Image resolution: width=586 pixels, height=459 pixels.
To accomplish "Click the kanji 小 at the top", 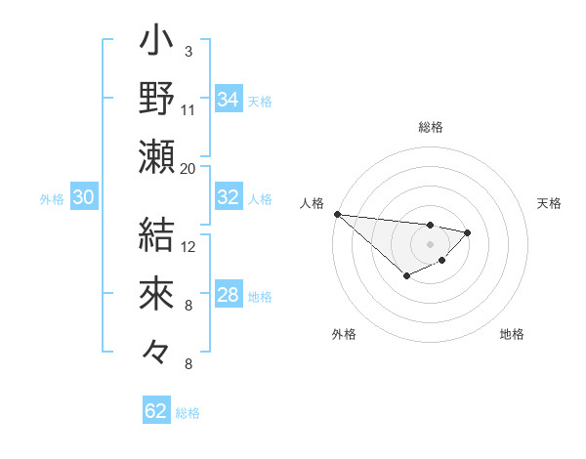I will click(x=156, y=43).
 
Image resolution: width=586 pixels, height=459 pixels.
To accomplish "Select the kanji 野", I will click(x=156, y=99).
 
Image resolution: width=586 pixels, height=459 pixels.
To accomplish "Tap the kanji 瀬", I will click(x=156, y=156).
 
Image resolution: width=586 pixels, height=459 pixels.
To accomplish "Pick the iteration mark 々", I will click(x=156, y=352).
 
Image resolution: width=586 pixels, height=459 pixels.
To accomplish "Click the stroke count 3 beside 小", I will click(x=188, y=51).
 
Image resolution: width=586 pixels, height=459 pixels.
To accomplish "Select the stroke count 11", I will click(x=188, y=108).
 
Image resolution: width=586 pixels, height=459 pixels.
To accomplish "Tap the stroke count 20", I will click(x=188, y=168).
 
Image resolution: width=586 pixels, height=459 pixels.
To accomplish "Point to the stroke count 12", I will click(x=188, y=246).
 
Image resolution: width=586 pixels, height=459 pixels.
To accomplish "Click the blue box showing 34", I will click(x=228, y=100).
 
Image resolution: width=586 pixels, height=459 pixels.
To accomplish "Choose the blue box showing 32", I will click(x=228, y=197).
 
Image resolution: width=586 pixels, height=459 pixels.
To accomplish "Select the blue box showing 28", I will click(x=228, y=295).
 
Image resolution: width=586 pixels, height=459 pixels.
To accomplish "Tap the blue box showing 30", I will click(x=83, y=197).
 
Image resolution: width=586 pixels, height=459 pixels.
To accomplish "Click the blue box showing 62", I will click(x=156, y=411).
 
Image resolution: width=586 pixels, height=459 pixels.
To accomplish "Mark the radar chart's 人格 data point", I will click(x=337, y=214).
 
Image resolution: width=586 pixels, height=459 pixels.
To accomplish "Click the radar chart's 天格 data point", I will click(x=468, y=232).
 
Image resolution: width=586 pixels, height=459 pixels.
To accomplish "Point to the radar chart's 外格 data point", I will click(x=406, y=277).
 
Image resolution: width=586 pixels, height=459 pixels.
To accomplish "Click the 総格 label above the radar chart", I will click(x=430, y=127).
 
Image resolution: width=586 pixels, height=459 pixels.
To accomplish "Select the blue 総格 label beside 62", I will click(x=188, y=413).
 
